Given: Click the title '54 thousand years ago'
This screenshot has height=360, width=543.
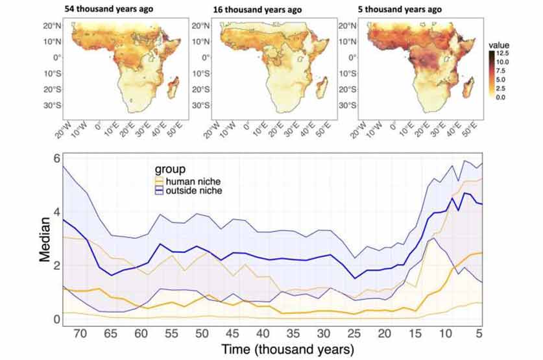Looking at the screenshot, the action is [109, 9].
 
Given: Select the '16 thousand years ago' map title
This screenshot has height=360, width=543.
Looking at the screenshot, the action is [258, 10].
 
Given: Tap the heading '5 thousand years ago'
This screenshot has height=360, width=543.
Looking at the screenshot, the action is [400, 9].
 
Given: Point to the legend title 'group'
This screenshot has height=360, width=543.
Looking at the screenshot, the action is [170, 169].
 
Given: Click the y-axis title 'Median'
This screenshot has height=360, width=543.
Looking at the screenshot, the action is [45, 239].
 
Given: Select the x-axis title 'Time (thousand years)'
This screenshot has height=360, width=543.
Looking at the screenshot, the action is [288, 349].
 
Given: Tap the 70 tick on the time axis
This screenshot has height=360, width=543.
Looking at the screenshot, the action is [80, 333].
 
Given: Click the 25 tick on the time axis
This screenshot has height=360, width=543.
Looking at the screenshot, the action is [354, 333].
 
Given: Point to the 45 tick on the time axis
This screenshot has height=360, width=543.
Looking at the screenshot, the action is [232, 333].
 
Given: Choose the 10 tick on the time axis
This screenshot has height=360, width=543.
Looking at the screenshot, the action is [445, 333].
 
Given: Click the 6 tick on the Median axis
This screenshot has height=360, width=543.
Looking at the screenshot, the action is [57, 158].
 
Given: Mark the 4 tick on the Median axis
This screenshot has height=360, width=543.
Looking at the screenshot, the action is [57, 212].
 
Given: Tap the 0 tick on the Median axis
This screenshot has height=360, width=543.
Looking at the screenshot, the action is [57, 319].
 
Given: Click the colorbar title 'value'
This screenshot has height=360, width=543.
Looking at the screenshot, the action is [499, 45].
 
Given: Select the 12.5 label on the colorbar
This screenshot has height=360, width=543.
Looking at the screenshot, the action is [503, 54].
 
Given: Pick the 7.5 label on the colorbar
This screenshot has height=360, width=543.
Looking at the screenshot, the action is [501, 71].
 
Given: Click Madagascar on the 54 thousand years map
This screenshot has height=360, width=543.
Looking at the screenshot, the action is [173, 87].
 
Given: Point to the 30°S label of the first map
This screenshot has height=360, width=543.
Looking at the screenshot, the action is [53, 105].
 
